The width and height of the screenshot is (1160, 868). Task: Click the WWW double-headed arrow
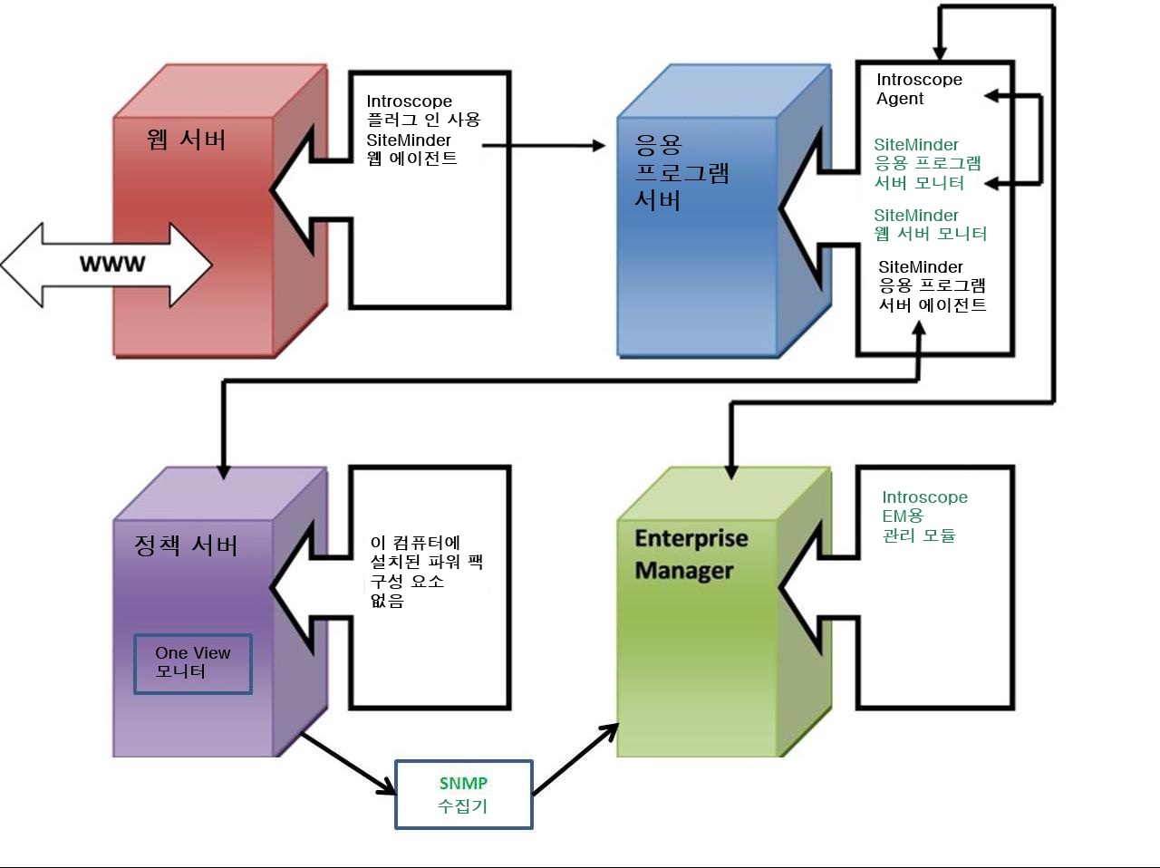(107, 264)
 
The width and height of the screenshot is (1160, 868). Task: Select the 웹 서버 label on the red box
(186, 140)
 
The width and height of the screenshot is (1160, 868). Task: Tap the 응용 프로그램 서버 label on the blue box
(681, 171)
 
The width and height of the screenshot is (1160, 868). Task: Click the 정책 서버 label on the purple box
(186, 545)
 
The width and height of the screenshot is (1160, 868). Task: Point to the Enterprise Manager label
(690, 554)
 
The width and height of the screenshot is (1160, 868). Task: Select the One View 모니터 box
(193, 663)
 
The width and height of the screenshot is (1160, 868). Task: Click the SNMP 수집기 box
(463, 795)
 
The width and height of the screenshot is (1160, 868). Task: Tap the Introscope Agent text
(918, 89)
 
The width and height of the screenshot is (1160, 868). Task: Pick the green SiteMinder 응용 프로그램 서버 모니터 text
(926, 164)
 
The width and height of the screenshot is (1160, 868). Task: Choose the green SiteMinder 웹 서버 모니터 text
(930, 225)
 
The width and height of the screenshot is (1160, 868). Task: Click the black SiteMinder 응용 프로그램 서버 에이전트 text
(932, 286)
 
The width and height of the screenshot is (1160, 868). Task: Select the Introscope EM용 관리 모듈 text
(923, 516)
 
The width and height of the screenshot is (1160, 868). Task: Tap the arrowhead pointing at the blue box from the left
(597, 145)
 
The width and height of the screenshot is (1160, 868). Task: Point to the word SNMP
(463, 784)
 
